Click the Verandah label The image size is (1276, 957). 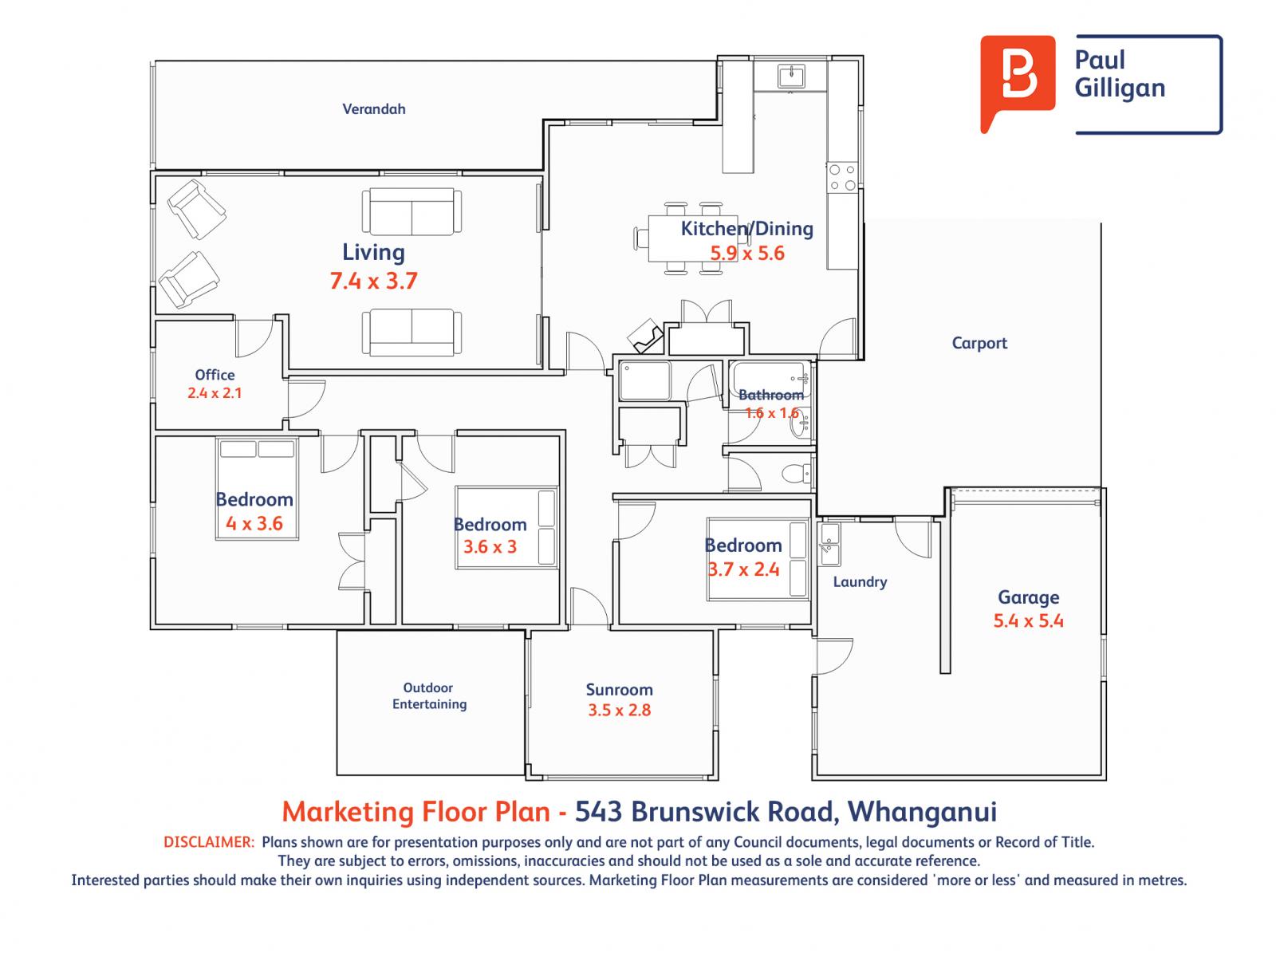pyautogui.click(x=373, y=109)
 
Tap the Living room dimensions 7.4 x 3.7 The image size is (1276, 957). pyautogui.click(x=373, y=281)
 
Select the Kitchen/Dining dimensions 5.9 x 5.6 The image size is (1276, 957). pyautogui.click(x=747, y=254)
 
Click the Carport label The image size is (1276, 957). pyautogui.click(x=979, y=343)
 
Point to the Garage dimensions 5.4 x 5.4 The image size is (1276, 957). pyautogui.click(x=1028, y=621)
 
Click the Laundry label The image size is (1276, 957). pyautogui.click(x=860, y=582)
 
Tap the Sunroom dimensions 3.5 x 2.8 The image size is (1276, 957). pyautogui.click(x=619, y=711)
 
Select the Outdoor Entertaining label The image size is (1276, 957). pyautogui.click(x=429, y=696)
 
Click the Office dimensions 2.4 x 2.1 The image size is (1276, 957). pyautogui.click(x=215, y=393)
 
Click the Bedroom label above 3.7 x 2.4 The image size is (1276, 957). pyautogui.click(x=742, y=545)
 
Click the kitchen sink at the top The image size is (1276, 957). pyautogui.click(x=792, y=77)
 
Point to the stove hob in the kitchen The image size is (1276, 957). pyautogui.click(x=842, y=178)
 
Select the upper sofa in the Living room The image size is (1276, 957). pyautogui.click(x=412, y=212)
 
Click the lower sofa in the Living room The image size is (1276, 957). pyautogui.click(x=412, y=333)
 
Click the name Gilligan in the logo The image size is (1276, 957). pyautogui.click(x=1120, y=89)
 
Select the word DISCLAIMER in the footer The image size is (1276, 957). pyautogui.click(x=209, y=842)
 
